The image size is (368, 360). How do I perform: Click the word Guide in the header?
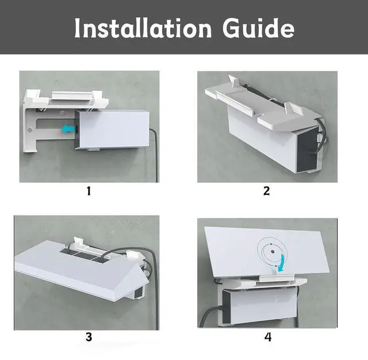coord(258,28)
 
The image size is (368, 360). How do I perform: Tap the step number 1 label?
coord(89,191)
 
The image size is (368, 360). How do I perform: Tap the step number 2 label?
coord(266,191)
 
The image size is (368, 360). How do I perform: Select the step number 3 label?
coord(89,337)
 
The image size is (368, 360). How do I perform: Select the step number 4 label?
coord(268,337)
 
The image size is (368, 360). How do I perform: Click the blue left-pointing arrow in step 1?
coord(68,129)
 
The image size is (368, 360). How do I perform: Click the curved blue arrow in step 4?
coord(282,263)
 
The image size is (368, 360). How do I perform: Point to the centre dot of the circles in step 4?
coord(273,252)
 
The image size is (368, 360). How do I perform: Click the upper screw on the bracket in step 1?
coord(62,113)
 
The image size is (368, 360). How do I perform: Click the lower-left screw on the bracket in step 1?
coord(30,129)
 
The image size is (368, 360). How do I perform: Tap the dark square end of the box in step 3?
coord(139,293)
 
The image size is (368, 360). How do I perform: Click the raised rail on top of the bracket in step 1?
coord(71,95)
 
